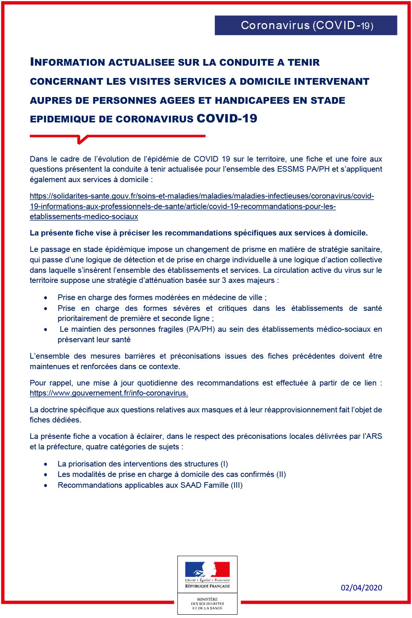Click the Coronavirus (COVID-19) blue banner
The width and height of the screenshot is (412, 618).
tap(306, 25)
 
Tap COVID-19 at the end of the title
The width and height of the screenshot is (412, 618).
tap(227, 119)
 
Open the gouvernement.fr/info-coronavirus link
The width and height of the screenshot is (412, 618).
tap(109, 393)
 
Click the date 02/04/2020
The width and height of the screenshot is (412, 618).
tap(361, 587)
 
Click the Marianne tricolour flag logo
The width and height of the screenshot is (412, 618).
tap(207, 569)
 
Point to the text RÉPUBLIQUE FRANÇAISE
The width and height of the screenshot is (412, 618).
tap(207, 586)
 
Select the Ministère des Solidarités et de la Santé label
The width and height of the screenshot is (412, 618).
tap(207, 603)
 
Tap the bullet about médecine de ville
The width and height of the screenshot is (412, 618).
tap(162, 297)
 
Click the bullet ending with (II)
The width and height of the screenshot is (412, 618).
tap(172, 474)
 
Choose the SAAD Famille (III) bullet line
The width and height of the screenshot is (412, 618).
tap(150, 485)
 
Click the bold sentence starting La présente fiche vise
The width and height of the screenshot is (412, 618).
tap(198, 233)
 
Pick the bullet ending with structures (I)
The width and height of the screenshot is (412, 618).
tap(142, 464)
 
